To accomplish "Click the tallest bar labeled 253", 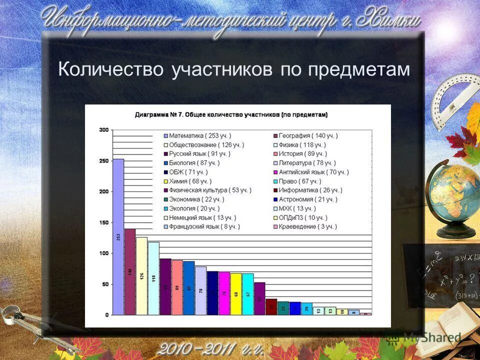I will pos(118,237).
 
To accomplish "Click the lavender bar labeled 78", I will pos(201,290).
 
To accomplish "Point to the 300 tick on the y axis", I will pos(103,130).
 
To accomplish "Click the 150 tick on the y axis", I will pos(103,222).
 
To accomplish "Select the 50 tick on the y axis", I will pos(104,284).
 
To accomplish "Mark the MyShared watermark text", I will pos(432,337).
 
